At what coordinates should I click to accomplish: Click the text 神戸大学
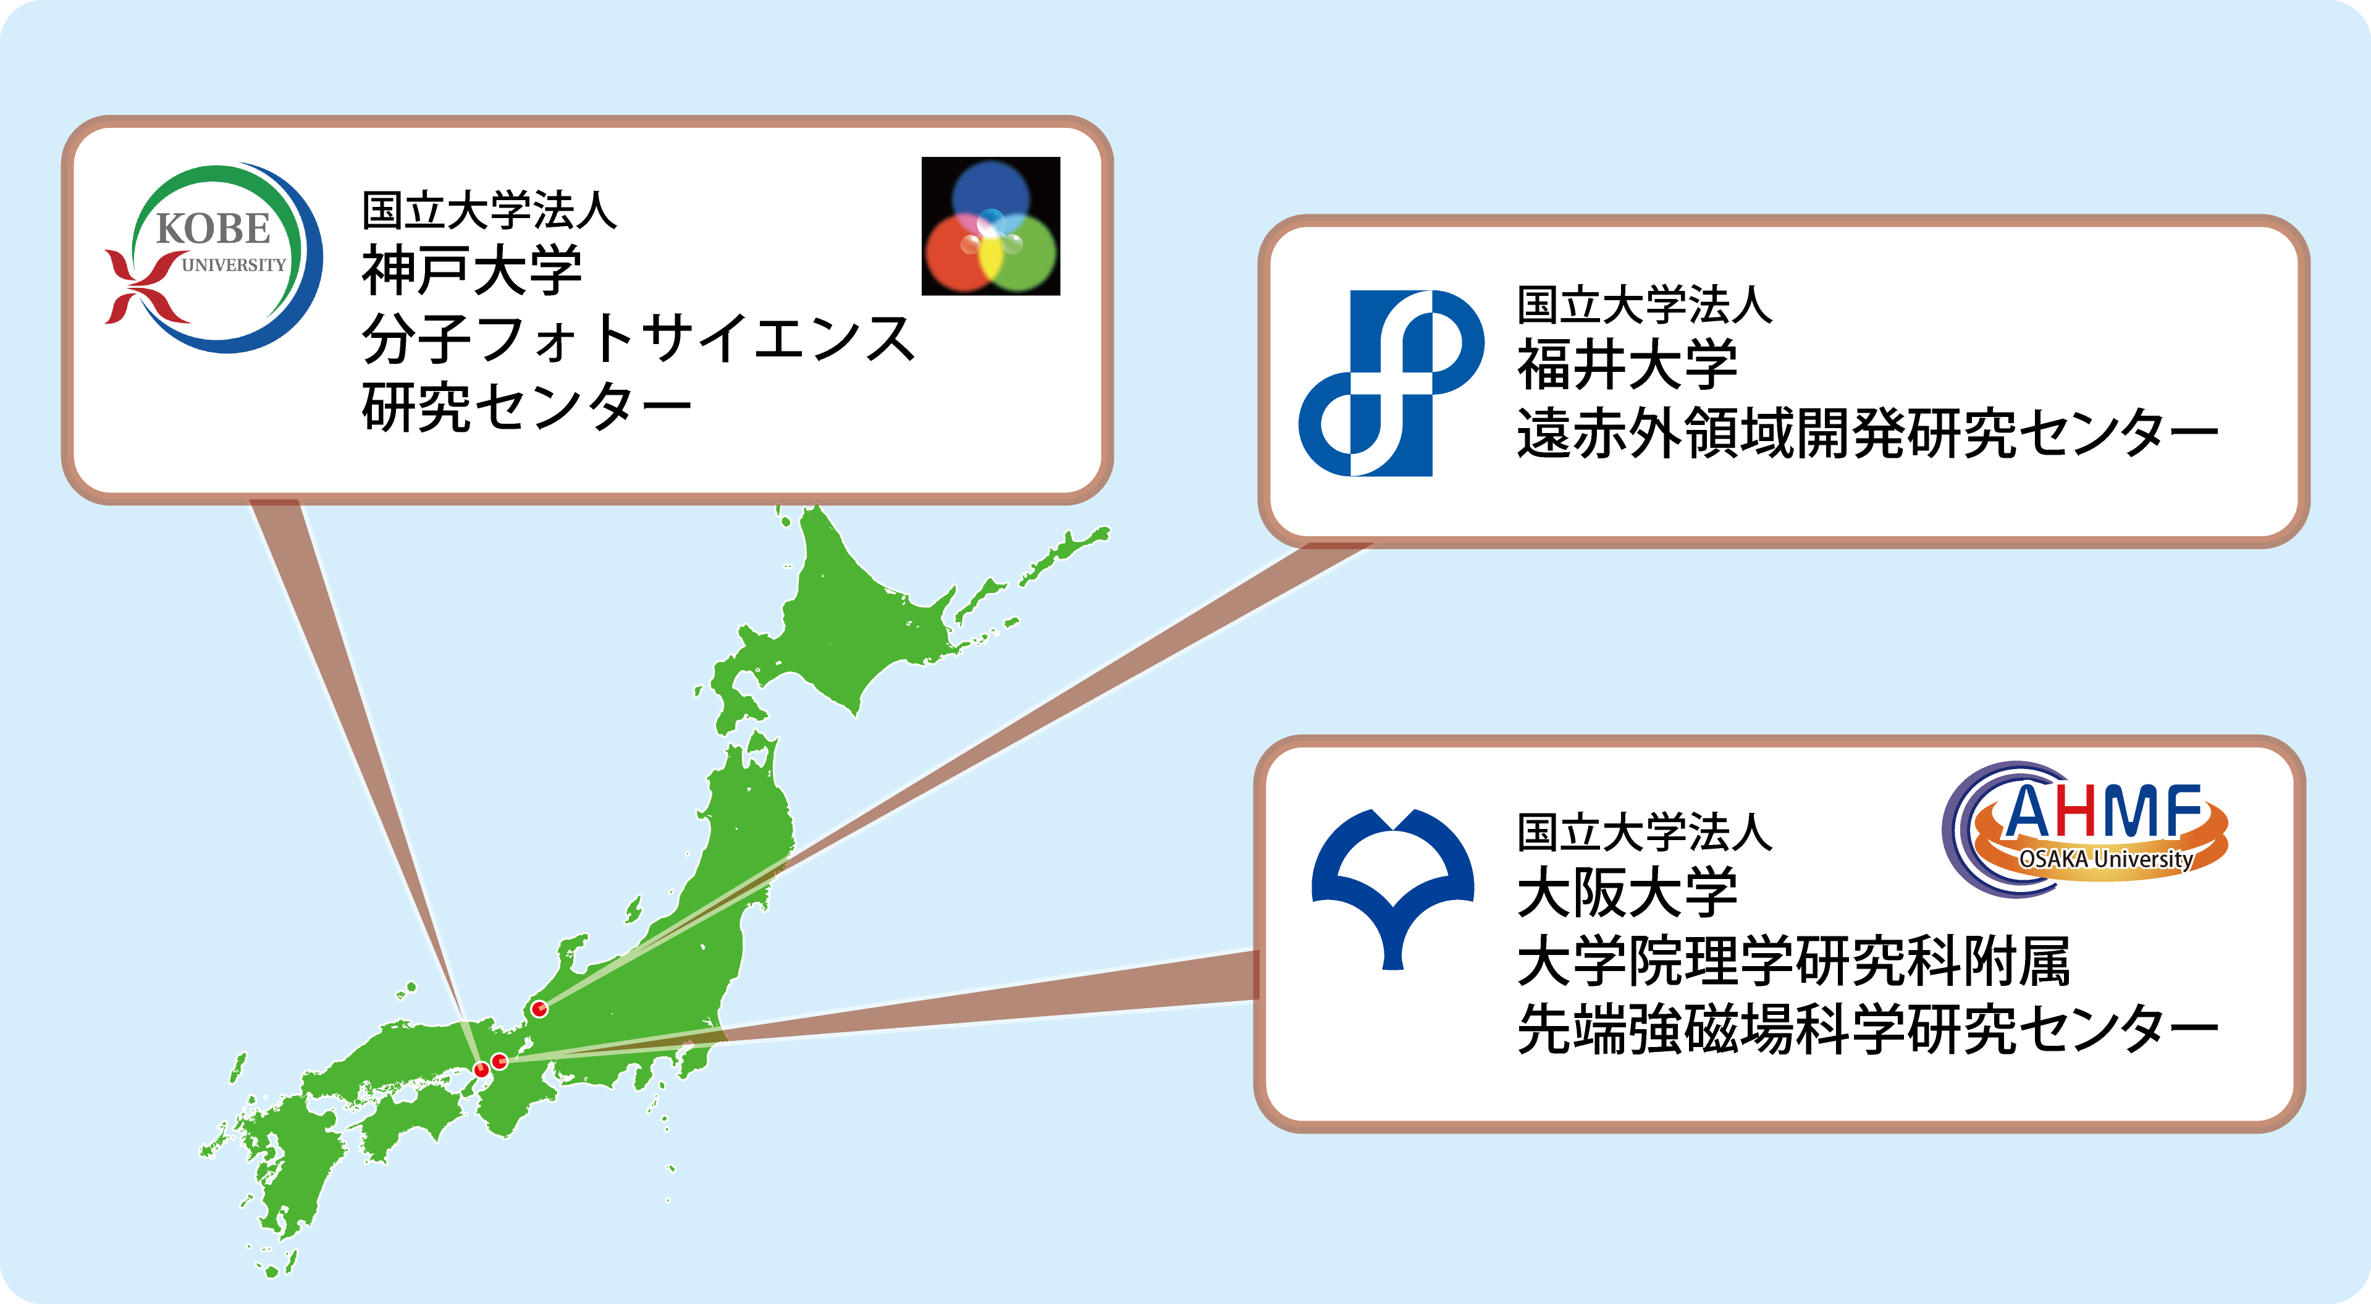pyautogui.click(x=472, y=271)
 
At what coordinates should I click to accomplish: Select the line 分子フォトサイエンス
pyautogui.click(x=638, y=338)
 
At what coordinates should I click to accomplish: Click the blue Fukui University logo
pyautogui.click(x=1391, y=383)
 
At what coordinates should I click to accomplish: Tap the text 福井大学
pyautogui.click(x=1627, y=364)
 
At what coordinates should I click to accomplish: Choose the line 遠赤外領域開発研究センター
pyautogui.click(x=1868, y=432)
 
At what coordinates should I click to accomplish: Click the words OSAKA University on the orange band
pyautogui.click(x=2106, y=859)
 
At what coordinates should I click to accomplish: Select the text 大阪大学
pyautogui.click(x=1627, y=893)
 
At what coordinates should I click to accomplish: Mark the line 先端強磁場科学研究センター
pyautogui.click(x=1868, y=1029)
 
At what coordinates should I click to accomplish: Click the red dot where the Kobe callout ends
pyautogui.click(x=481, y=1069)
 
